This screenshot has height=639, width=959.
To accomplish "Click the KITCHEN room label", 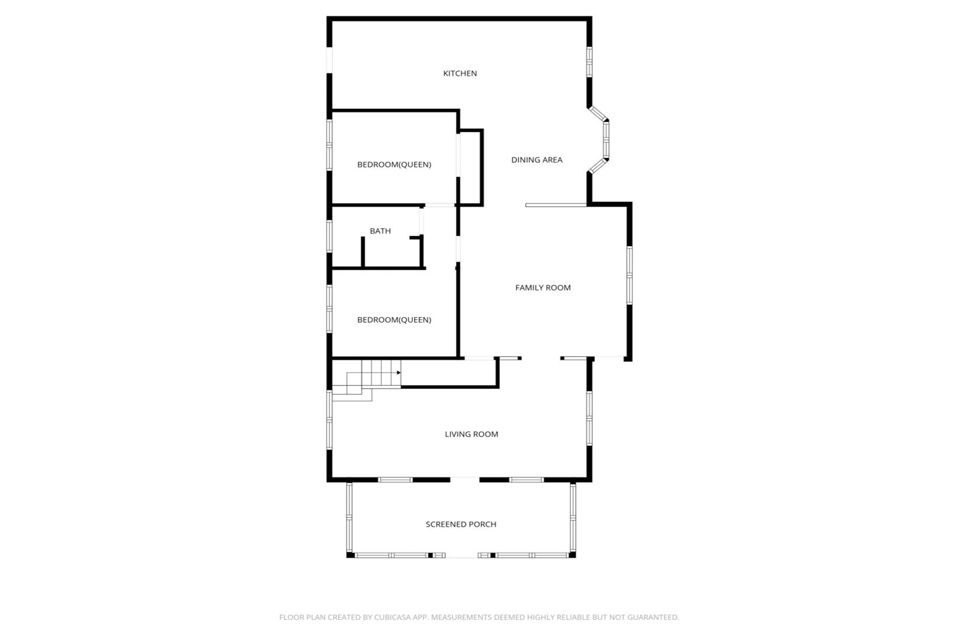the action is pyautogui.click(x=460, y=73).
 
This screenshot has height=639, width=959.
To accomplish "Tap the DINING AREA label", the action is pyautogui.click(x=537, y=160).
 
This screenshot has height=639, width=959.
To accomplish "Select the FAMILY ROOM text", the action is pyautogui.click(x=543, y=288).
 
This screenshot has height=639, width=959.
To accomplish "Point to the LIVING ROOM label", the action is pyautogui.click(x=472, y=434).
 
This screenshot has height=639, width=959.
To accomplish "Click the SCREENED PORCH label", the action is pyautogui.click(x=461, y=524).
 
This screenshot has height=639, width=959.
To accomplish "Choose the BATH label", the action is pyautogui.click(x=380, y=231).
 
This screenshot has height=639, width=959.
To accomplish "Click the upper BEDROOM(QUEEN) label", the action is pyautogui.click(x=394, y=164).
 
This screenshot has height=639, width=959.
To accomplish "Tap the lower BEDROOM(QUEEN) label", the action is pyautogui.click(x=394, y=319).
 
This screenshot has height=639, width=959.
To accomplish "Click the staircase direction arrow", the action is pyautogui.click(x=399, y=373).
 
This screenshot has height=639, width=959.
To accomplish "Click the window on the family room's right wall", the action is pyautogui.click(x=629, y=275).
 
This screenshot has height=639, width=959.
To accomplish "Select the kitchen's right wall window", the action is pyautogui.click(x=589, y=62).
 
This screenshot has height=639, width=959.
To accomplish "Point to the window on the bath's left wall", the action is pyautogui.click(x=329, y=236).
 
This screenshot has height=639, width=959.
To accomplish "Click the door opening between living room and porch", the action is pyautogui.click(x=464, y=479).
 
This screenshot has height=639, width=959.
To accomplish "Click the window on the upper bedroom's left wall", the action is pyautogui.click(x=329, y=145).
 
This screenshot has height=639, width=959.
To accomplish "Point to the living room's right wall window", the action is pyautogui.click(x=589, y=418).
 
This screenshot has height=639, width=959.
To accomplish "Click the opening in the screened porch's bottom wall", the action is pyautogui.click(x=461, y=555).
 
